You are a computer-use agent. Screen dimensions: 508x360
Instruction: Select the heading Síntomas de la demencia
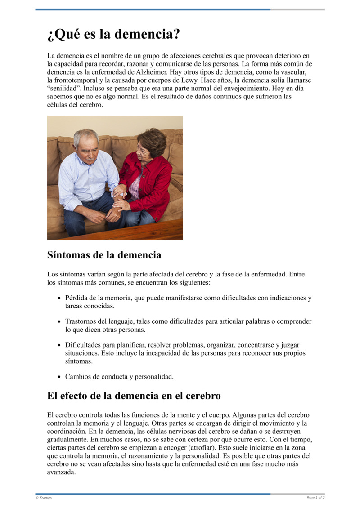coord(104,255)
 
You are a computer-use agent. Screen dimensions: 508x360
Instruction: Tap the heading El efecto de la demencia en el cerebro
coord(134,396)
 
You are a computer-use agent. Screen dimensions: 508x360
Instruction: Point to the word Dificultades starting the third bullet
coord(85,345)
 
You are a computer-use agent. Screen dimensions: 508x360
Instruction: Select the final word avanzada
coord(62,472)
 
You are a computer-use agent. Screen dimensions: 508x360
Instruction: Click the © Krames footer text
coord(44,498)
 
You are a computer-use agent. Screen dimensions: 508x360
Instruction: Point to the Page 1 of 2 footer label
coord(315,498)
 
